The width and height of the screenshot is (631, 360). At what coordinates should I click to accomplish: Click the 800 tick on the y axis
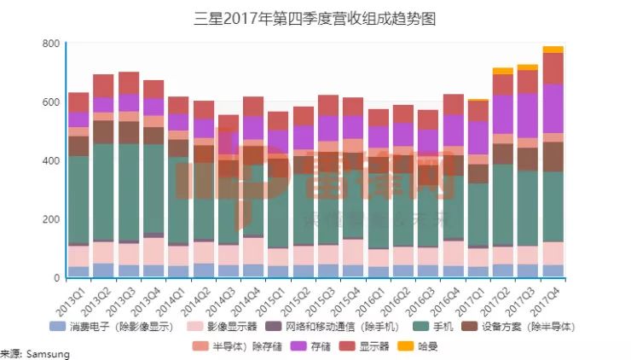(50, 44)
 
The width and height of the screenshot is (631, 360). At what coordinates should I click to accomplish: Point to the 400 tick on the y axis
(50, 160)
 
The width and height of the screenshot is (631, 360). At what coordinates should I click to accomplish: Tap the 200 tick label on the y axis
(50, 219)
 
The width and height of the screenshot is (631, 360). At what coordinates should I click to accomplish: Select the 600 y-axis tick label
(50, 102)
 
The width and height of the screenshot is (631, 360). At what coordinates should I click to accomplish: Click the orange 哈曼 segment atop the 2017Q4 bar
(553, 49)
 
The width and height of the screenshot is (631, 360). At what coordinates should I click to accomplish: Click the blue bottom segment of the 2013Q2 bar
(103, 270)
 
